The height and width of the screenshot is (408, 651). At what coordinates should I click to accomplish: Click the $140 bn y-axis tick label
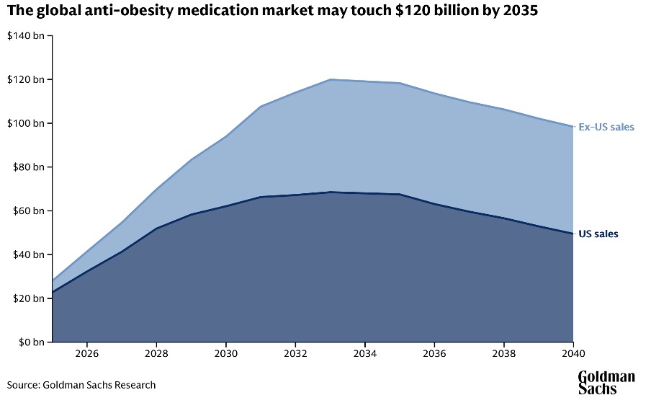(25, 35)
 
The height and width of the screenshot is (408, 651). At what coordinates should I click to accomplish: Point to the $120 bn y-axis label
(25, 79)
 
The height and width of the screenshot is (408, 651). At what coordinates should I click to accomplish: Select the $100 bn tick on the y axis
(25, 123)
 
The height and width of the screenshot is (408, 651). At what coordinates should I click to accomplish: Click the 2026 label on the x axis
(86, 355)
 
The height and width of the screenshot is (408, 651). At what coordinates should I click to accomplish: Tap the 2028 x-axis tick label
(156, 355)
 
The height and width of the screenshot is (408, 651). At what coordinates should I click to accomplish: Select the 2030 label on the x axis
(226, 355)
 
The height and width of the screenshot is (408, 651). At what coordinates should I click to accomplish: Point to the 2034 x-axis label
(365, 355)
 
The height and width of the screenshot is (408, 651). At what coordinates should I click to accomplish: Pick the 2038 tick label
(504, 355)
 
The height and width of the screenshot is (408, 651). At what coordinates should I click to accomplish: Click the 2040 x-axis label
(573, 355)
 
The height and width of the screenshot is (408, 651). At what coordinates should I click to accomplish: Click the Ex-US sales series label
(606, 128)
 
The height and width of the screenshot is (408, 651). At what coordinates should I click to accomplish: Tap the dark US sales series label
(598, 234)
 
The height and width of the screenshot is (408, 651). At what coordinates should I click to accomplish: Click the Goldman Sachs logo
(606, 383)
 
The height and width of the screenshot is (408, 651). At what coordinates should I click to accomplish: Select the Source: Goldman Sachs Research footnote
(81, 385)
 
